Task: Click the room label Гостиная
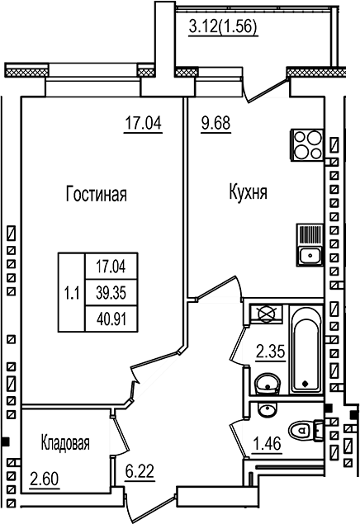pos(96,195)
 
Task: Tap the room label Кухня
pos(247,195)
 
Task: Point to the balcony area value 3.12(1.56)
pos(223,26)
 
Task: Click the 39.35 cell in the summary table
pos(110,290)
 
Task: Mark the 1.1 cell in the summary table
pos(71,290)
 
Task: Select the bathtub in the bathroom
pos(304,349)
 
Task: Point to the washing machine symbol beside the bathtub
pos(267,314)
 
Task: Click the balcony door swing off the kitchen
pos(267,87)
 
